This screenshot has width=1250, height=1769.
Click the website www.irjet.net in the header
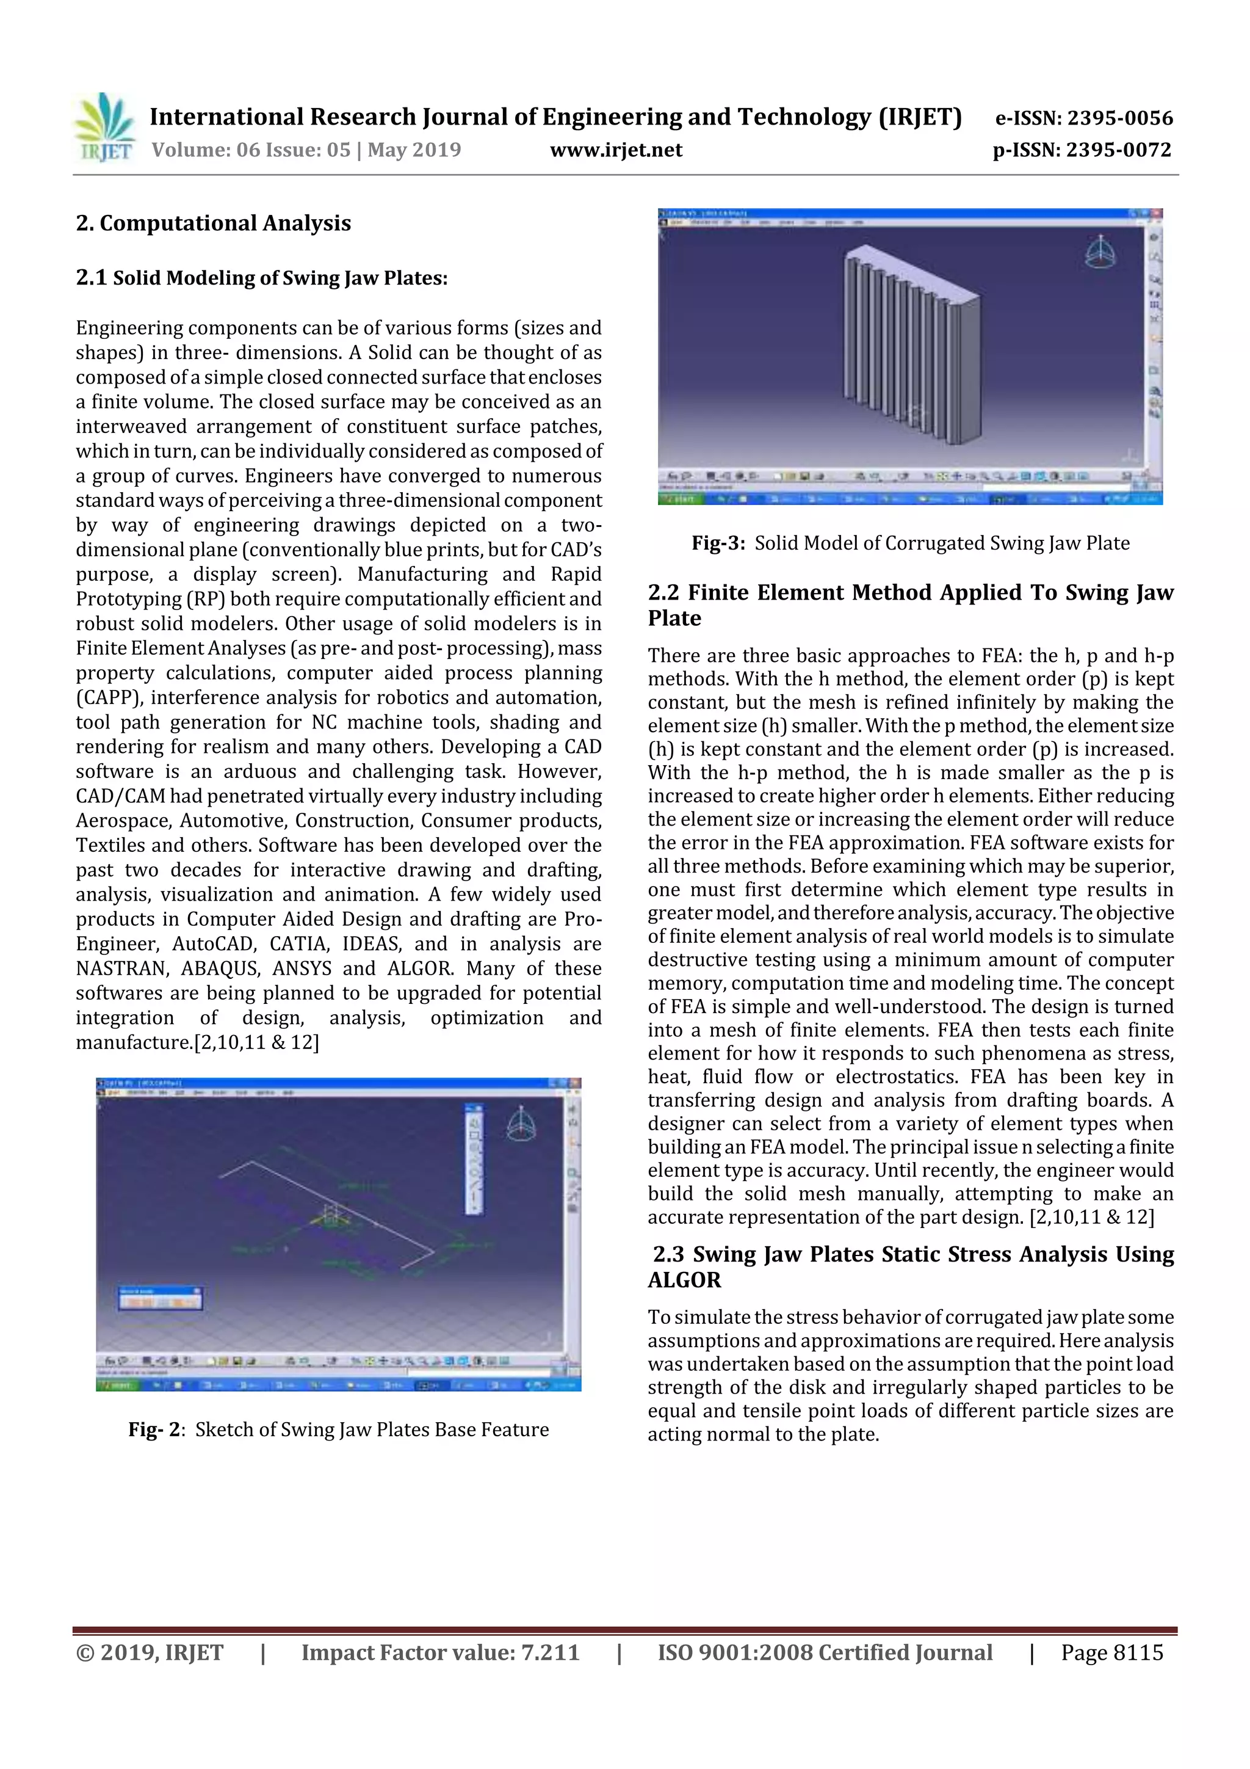coord(615,150)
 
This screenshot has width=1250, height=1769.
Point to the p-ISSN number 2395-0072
coord(1118,150)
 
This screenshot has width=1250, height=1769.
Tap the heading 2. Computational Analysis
coord(214,223)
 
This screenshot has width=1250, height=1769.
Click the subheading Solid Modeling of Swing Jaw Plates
coord(279,278)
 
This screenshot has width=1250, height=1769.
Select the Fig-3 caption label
coord(718,543)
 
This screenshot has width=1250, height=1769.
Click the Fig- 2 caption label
coord(156,1430)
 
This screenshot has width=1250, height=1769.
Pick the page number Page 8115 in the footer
coord(1111,1652)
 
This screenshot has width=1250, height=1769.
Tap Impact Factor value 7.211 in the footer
coord(440,1652)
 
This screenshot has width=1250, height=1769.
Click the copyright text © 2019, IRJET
coord(150,1652)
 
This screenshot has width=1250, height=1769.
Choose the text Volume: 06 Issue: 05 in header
coord(251,150)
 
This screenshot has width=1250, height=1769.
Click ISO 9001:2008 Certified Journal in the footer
coord(824,1652)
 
